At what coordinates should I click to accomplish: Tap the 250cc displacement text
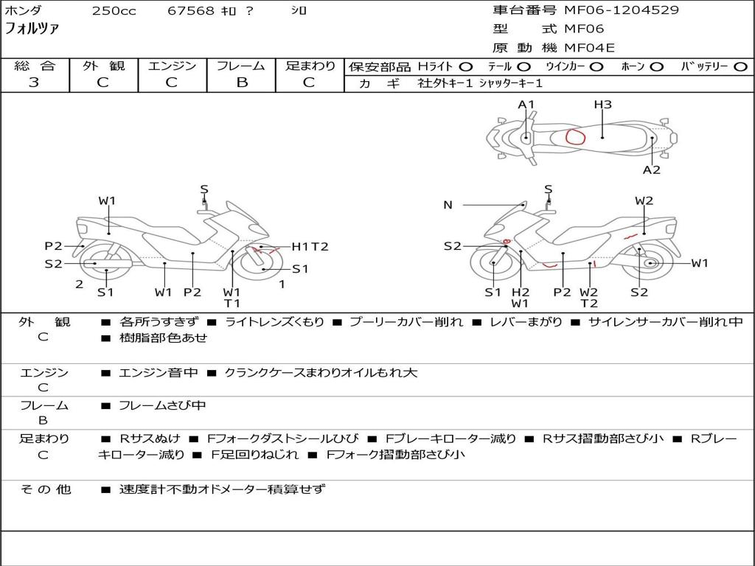coord(114,10)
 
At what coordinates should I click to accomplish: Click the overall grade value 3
coord(34,82)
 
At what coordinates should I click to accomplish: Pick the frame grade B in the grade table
coord(241,82)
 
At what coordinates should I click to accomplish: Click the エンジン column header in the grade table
coord(171,66)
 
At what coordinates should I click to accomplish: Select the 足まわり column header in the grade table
coord(310,66)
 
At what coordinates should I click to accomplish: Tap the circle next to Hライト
coord(465,66)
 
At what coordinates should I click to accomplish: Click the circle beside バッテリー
coord(740,66)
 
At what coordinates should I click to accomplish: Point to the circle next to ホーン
coord(656,66)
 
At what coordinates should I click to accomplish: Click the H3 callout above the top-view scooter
coord(602,105)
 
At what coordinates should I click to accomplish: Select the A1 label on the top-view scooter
coord(526,105)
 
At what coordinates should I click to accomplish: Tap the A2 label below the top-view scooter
coord(652,170)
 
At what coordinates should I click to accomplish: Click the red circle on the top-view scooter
coord(575,136)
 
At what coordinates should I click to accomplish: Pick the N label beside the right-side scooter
coord(448,205)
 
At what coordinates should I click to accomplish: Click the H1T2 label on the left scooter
coord(310,247)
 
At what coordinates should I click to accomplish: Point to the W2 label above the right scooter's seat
coord(644,200)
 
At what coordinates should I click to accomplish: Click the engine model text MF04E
coord(589,48)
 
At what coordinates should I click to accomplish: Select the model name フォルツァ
coord(32,29)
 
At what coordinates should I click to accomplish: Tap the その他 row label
coord(45,489)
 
